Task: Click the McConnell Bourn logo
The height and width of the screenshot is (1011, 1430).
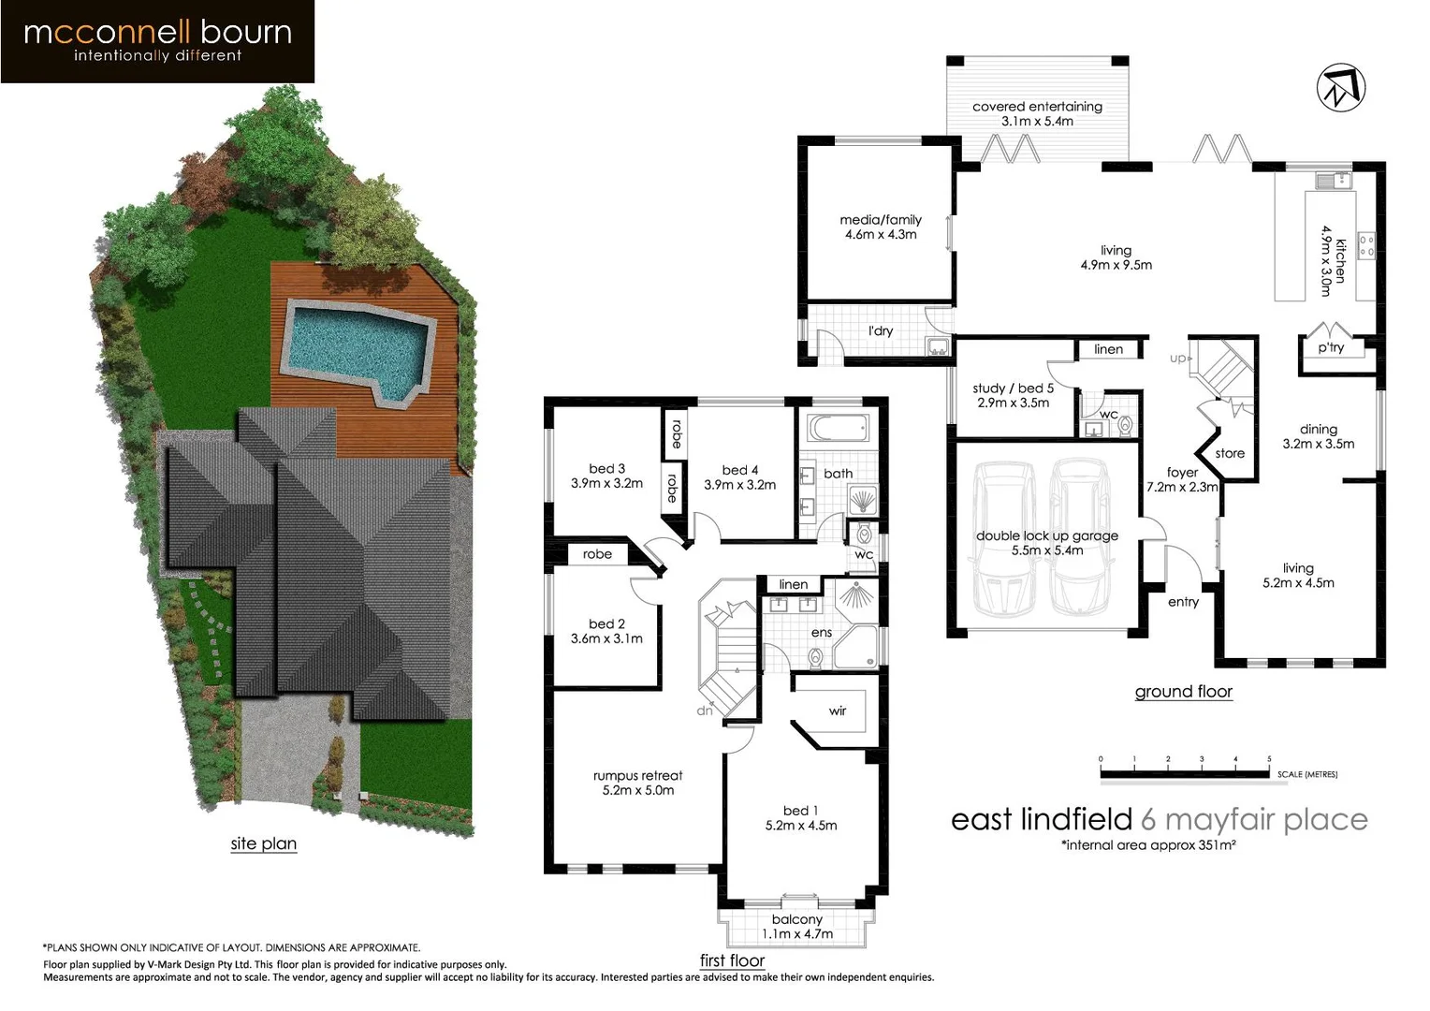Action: click(157, 41)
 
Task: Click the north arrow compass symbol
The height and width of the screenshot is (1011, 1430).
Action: click(1341, 88)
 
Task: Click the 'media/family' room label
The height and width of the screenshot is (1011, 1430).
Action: click(880, 227)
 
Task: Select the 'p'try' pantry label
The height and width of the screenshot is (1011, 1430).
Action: click(1331, 348)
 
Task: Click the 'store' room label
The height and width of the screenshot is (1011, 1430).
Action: click(1230, 453)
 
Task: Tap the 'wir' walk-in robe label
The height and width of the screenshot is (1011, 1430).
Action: click(838, 711)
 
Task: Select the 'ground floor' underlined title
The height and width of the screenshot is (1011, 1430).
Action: click(1183, 692)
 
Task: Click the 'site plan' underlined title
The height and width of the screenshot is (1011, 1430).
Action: click(263, 843)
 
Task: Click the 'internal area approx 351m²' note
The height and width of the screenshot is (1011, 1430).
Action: click(1148, 845)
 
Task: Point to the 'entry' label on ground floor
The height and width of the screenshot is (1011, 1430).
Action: click(1183, 602)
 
